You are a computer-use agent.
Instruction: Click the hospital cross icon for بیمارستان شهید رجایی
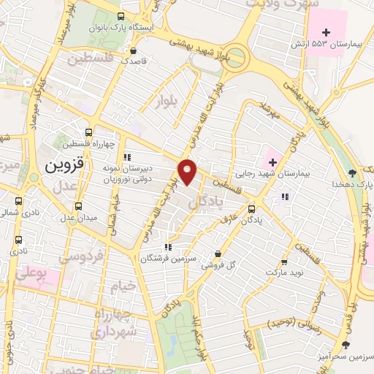[x=272, y=161]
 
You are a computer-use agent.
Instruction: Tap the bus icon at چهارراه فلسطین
[x=88, y=132]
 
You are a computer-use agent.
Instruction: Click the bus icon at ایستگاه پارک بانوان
[x=121, y=15]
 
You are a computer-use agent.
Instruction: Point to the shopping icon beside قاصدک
[x=133, y=50]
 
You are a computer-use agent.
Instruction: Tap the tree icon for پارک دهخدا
[x=353, y=172]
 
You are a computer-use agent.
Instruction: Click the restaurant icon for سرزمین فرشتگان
[x=169, y=246]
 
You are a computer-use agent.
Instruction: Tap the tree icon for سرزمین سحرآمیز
[x=346, y=343]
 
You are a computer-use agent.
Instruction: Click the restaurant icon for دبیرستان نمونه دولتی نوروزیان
[x=128, y=156]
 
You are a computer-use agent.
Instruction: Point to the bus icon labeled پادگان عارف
[x=253, y=207]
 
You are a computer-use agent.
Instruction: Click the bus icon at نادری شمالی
[x=18, y=200]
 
